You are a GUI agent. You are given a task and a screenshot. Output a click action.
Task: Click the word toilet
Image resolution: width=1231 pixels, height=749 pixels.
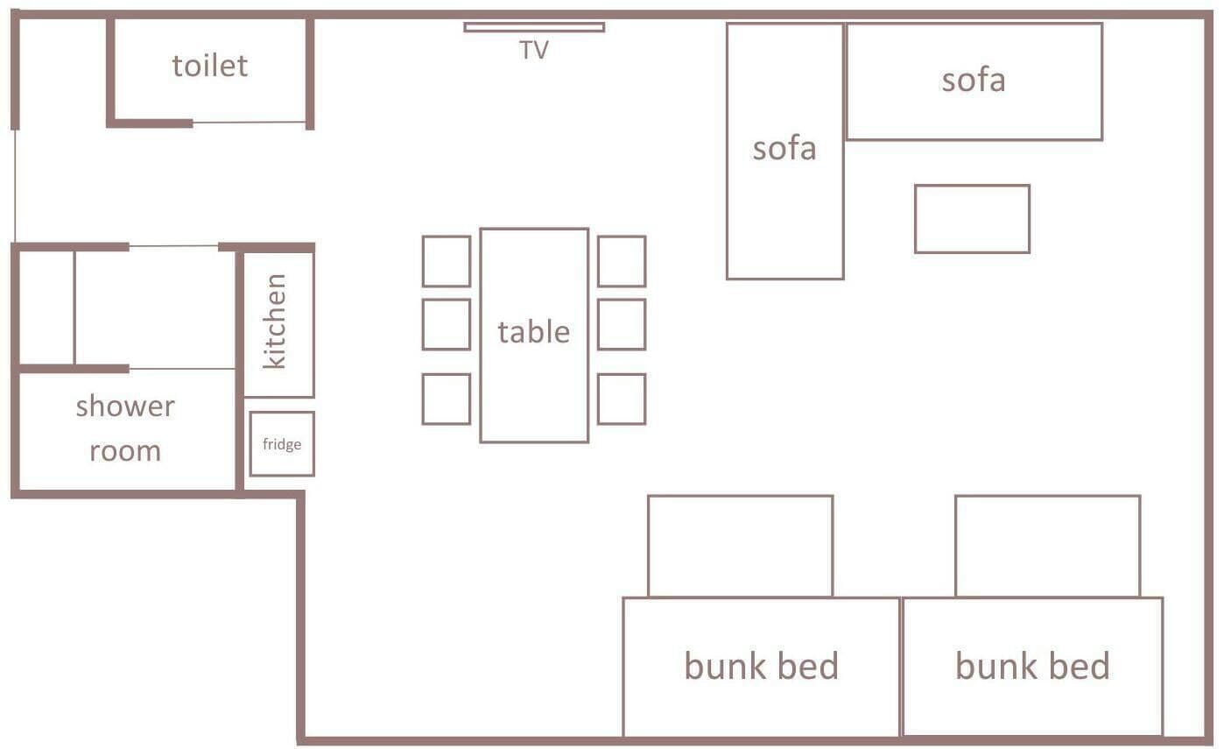point(210,66)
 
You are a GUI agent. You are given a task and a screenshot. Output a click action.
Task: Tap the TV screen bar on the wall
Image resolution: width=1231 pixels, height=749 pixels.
point(534,27)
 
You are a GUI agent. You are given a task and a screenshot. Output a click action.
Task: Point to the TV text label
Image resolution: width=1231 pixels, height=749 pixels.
point(533,50)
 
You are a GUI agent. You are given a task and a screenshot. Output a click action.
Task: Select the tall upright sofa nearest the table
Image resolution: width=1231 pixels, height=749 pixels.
point(784,152)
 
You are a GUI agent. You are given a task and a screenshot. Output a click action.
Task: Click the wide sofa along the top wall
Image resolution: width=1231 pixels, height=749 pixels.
point(974,81)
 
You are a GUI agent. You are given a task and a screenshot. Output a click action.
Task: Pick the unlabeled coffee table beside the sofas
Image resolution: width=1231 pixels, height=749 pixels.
point(972,219)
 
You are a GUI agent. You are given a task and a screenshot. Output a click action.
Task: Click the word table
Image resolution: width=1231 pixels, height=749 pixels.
point(533,332)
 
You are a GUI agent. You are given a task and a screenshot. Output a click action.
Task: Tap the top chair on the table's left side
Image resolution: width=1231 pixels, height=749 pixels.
point(447,261)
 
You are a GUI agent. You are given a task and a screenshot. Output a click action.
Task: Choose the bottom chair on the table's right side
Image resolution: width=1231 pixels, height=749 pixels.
point(622,399)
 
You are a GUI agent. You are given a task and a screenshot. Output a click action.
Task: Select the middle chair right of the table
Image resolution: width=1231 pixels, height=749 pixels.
point(622,324)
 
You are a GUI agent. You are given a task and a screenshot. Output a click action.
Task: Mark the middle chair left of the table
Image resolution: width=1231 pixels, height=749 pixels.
point(447,324)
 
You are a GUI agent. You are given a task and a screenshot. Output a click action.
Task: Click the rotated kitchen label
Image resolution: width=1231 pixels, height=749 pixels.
point(275,322)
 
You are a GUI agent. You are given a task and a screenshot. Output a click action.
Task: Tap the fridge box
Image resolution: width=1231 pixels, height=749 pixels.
point(282,444)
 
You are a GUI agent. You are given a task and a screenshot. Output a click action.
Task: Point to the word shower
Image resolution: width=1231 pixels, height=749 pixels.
point(125,407)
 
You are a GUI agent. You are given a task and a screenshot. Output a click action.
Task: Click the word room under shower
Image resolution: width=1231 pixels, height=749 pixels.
point(125,451)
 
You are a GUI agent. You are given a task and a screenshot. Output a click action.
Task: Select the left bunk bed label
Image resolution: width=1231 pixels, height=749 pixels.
point(761,666)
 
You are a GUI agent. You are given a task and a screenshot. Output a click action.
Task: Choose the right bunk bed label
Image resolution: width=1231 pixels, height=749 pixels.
point(1032,666)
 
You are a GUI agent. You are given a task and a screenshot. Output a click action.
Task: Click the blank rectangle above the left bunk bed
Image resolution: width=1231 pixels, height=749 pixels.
point(740,546)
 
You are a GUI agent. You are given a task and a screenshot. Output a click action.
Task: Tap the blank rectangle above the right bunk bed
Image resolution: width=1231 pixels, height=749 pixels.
point(1047,546)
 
